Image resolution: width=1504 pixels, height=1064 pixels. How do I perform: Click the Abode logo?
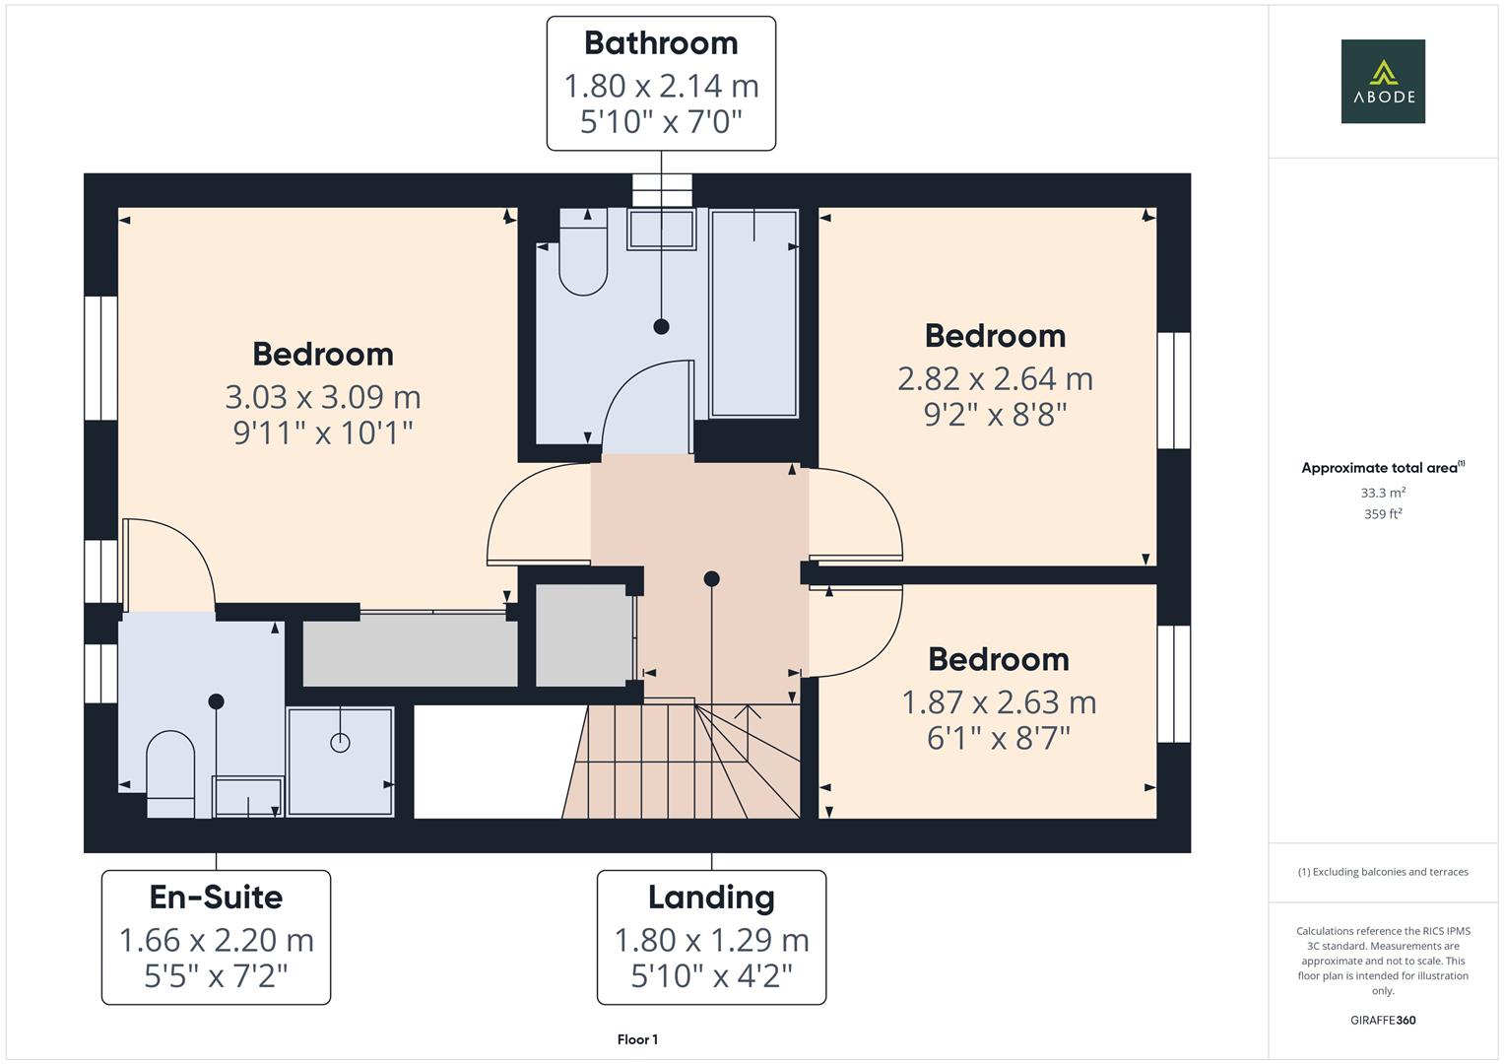(1382, 81)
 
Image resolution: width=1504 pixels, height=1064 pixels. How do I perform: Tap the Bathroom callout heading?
(661, 43)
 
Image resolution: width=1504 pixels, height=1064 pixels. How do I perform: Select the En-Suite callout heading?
(216, 897)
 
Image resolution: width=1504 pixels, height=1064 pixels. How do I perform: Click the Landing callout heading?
(711, 897)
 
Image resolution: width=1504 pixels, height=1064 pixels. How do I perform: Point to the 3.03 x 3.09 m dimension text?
(323, 397)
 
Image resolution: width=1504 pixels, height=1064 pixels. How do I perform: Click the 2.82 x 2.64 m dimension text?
(995, 378)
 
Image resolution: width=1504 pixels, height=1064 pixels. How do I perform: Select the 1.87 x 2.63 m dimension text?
(999, 702)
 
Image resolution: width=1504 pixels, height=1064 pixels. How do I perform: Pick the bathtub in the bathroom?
(753, 312)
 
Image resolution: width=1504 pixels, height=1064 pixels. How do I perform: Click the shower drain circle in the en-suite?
(340, 743)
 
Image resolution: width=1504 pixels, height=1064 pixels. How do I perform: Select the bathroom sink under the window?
(661, 230)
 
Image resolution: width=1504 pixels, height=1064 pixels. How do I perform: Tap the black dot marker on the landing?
(711, 579)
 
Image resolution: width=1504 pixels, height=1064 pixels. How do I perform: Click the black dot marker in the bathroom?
(661, 326)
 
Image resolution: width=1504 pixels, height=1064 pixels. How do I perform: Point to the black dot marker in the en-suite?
(216, 701)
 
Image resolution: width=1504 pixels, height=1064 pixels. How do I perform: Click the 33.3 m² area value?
(1382, 493)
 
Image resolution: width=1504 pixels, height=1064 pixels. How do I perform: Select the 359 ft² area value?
(1382, 514)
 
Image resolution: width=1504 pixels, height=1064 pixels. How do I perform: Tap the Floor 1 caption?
(637, 1039)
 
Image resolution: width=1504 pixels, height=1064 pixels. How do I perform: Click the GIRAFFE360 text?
(1382, 1020)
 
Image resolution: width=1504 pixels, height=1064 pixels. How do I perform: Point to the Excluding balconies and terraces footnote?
(1382, 872)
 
